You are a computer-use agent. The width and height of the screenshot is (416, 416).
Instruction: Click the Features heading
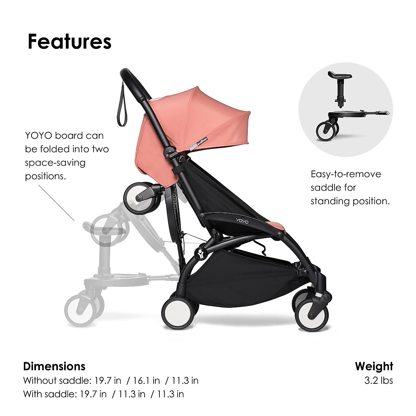[69, 42]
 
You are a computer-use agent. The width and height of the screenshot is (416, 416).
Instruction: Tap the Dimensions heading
[54, 366]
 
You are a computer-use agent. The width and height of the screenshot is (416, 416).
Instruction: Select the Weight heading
[374, 366]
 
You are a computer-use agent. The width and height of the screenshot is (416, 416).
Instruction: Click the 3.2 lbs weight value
[379, 380]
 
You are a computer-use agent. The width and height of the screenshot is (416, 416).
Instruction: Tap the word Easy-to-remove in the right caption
[346, 174]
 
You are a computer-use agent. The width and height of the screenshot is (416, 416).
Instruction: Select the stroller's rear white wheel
[176, 310]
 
